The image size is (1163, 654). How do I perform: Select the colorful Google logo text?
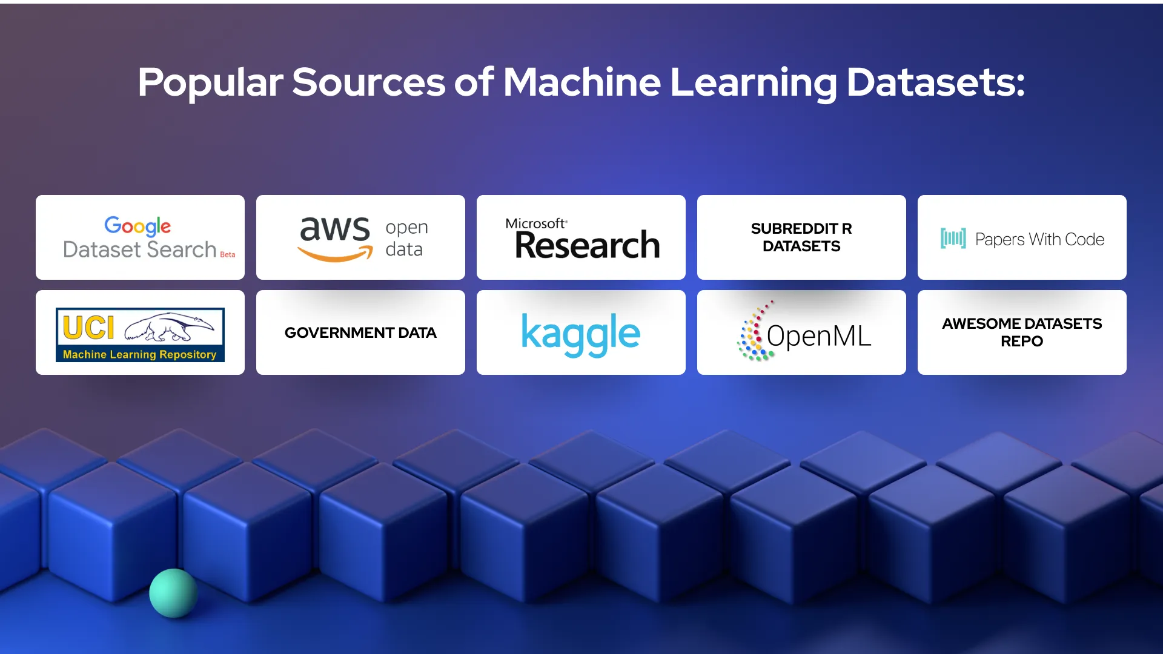click(x=138, y=226)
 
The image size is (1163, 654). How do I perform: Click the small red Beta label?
click(x=228, y=255)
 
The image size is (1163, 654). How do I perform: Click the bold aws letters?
click(x=335, y=229)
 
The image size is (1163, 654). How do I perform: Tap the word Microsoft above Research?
click(x=535, y=223)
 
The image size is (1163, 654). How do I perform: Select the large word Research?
click(x=587, y=245)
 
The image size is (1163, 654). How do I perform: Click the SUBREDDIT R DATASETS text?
click(x=801, y=237)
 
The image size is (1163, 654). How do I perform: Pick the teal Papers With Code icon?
click(x=953, y=239)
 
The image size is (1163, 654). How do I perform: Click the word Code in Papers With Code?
click(x=1084, y=240)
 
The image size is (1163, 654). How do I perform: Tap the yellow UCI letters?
click(x=88, y=328)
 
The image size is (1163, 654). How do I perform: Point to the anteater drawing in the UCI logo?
click(x=169, y=327)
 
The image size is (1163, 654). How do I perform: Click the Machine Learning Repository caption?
click(x=139, y=355)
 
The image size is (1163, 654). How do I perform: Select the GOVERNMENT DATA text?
click(x=360, y=333)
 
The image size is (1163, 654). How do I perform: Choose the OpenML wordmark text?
click(x=819, y=336)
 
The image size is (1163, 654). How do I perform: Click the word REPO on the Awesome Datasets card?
click(x=1022, y=342)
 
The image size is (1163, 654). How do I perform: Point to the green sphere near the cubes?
click(x=173, y=593)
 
